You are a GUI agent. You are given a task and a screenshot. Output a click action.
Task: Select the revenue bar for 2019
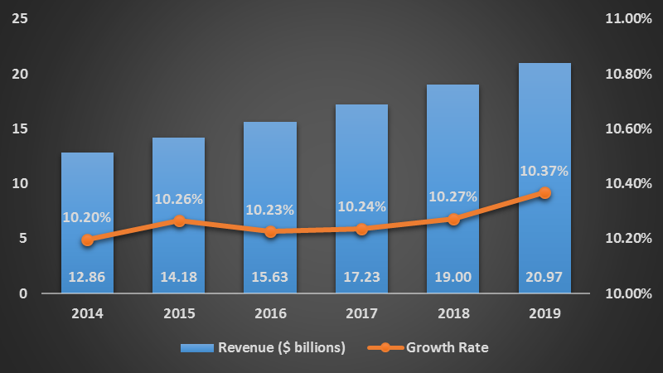(544, 124)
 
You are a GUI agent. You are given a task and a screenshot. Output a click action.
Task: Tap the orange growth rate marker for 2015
(179, 221)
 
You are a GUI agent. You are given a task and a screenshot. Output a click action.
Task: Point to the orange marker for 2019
(544, 192)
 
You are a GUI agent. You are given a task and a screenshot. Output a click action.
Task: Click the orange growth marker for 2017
(362, 229)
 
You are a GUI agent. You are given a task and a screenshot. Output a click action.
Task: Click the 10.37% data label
(544, 172)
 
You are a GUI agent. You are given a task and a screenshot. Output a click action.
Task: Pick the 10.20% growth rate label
(87, 217)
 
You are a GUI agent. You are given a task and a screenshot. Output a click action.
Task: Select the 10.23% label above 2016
(270, 210)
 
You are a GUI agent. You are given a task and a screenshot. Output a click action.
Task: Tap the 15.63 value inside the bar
(270, 277)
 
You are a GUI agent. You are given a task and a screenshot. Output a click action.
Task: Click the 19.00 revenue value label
(453, 277)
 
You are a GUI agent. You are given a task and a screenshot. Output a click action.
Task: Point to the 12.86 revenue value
(87, 277)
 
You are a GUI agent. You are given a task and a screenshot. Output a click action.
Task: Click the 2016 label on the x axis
(270, 314)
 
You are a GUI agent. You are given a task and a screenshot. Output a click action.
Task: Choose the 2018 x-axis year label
(453, 314)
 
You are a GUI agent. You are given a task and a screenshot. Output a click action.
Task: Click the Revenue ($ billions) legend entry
(282, 347)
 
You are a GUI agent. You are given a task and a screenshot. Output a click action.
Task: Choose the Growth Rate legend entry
(447, 347)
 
